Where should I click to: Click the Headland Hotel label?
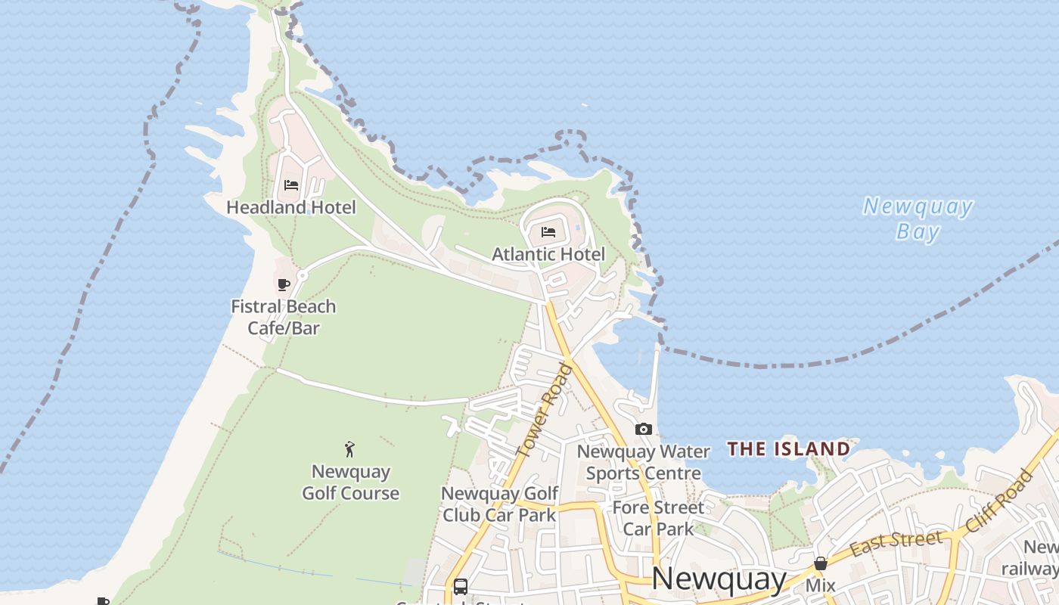click(291, 207)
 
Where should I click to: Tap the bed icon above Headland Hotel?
click(291, 185)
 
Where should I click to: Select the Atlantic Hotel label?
click(548, 254)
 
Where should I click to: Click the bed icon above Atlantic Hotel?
click(548, 232)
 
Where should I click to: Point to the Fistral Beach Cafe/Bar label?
click(284, 317)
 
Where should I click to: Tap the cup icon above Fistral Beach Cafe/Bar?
click(284, 285)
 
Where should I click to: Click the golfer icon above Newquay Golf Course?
click(349, 450)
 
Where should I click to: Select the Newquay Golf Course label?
click(351, 482)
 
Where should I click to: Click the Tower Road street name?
click(545, 410)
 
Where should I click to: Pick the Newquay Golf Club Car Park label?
click(499, 504)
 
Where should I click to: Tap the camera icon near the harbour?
click(644, 430)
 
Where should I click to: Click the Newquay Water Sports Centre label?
click(644, 462)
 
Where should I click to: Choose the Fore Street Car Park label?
click(658, 518)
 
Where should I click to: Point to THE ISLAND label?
click(789, 449)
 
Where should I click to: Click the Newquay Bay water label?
click(918, 219)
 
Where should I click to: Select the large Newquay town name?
click(719, 579)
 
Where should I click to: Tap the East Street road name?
click(897, 543)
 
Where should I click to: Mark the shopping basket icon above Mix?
click(821, 563)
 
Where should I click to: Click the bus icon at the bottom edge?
click(460, 586)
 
